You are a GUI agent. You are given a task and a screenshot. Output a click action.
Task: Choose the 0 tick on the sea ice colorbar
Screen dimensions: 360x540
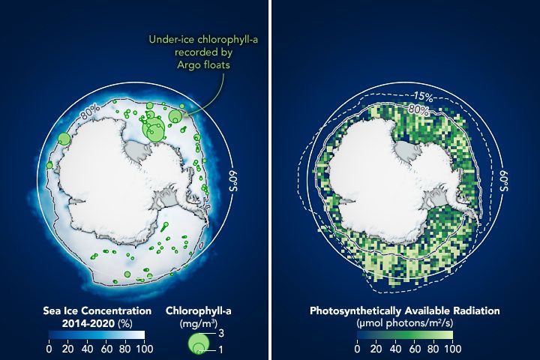[49, 348]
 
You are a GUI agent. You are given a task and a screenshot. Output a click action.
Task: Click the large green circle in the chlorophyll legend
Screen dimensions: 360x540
[198, 343]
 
